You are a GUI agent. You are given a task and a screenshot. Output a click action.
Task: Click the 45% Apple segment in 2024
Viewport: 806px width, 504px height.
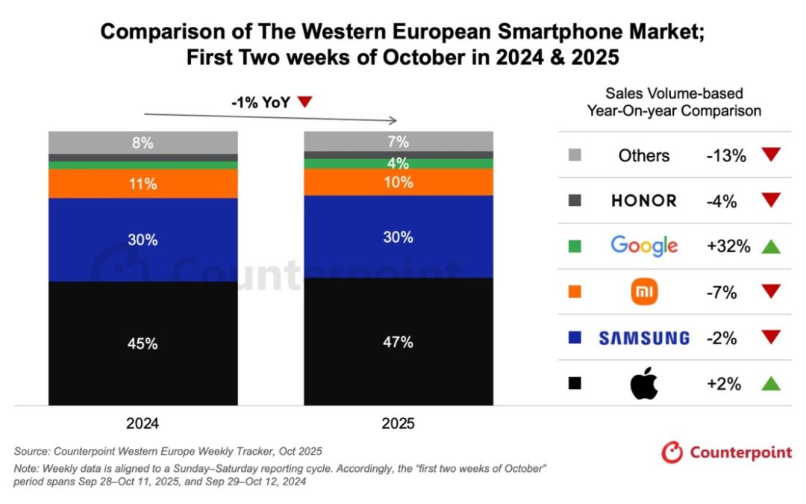point(143,343)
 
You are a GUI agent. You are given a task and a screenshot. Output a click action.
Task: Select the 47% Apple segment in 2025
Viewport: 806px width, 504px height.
point(398,342)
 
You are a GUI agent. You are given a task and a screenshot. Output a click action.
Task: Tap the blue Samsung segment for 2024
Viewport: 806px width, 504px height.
point(143,240)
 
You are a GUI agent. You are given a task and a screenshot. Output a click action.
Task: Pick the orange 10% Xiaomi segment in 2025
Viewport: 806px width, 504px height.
point(398,182)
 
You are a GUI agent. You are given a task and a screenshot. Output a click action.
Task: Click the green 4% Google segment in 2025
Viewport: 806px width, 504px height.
point(398,164)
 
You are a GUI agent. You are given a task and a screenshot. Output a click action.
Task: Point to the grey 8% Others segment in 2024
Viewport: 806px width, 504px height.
point(143,142)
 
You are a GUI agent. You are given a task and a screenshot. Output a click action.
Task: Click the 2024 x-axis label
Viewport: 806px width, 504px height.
point(143,423)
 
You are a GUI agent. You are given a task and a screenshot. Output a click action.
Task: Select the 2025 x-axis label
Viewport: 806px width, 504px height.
point(398,423)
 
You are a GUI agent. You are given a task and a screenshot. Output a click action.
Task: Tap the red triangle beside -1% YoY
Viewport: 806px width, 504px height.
point(304,102)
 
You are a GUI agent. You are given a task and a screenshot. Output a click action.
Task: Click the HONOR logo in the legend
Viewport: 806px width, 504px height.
point(643,200)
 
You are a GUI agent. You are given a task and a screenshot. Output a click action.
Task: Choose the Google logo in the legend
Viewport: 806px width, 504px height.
point(643,246)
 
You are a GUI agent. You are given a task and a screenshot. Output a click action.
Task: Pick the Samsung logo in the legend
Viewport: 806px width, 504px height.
point(643,337)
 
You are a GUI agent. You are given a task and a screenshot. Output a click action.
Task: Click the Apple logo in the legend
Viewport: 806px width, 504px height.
point(643,384)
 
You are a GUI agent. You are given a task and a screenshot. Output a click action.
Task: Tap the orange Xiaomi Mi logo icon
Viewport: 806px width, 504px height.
point(643,292)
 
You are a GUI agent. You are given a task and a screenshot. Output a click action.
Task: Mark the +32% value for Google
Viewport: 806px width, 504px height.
point(728,246)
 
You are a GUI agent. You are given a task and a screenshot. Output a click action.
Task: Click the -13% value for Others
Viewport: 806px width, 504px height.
point(726,155)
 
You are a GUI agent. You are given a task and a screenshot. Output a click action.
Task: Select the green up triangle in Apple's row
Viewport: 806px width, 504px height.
point(771,384)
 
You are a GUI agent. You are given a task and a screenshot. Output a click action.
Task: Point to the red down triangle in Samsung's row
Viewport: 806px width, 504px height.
point(771,337)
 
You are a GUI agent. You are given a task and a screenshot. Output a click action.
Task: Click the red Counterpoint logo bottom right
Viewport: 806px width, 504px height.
point(726,452)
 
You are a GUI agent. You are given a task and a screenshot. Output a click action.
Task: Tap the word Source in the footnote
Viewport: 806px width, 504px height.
point(32,451)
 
